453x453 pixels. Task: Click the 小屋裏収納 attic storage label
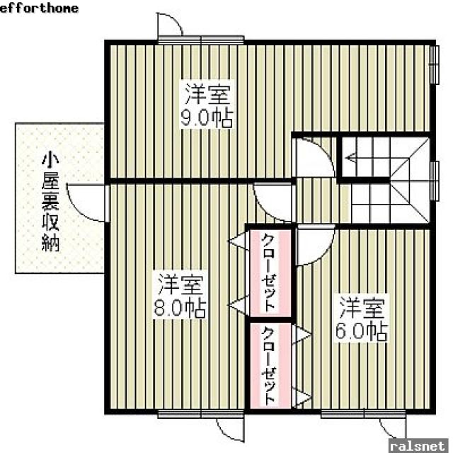point(50,202)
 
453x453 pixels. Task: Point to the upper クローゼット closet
point(270,272)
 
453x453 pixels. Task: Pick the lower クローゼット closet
point(270,365)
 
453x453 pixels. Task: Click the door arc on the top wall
point(170,29)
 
